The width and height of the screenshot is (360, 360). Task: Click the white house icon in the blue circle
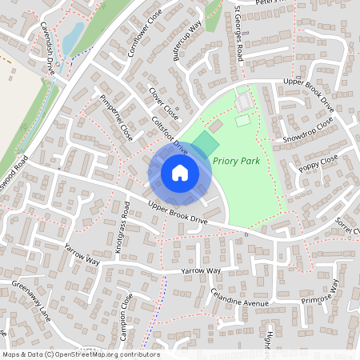coord(180,172)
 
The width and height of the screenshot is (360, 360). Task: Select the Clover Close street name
coord(163,103)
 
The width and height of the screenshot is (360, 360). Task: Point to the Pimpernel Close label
coord(116,118)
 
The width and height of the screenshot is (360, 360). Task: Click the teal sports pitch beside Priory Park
coord(205,145)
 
